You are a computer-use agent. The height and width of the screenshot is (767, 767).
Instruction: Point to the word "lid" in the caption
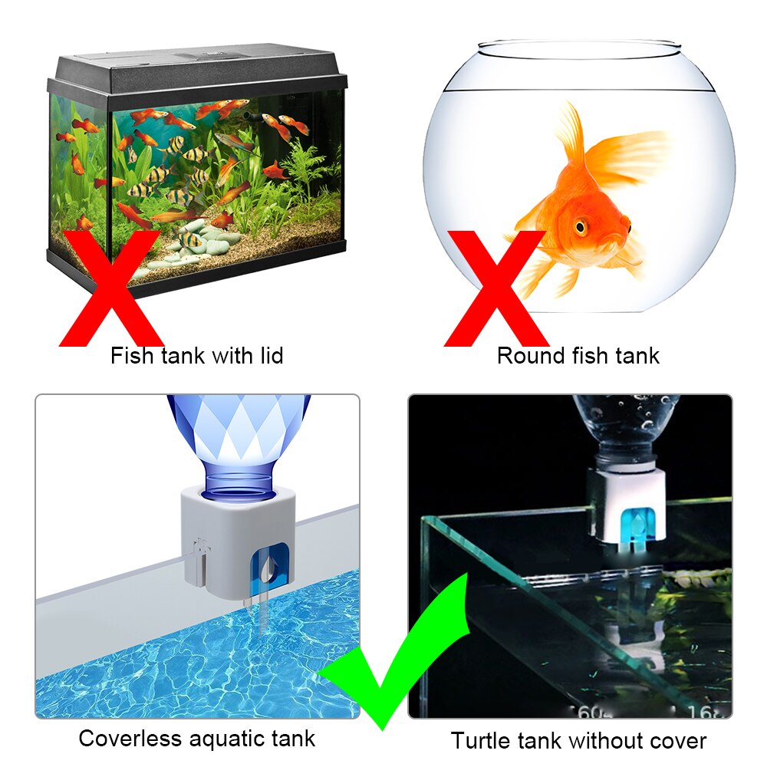[270, 356]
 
